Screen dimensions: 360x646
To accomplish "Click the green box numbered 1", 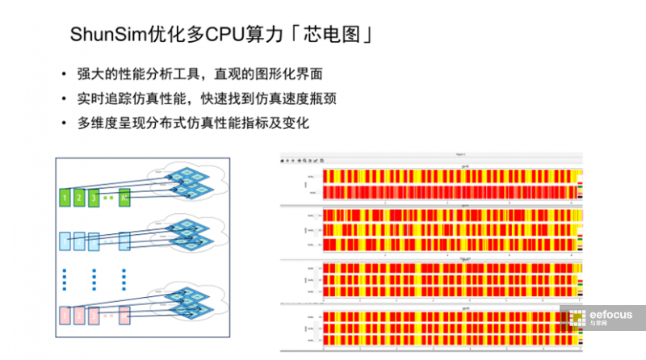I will point(65,197).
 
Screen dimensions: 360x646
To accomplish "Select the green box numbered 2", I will point(80,197).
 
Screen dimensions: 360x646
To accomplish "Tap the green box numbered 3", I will point(94,197).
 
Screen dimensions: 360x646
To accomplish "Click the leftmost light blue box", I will point(65,241).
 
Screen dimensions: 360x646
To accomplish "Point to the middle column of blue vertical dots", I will point(94,278).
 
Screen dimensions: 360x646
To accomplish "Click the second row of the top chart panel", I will point(448,192).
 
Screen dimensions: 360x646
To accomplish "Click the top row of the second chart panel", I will point(448,216).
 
